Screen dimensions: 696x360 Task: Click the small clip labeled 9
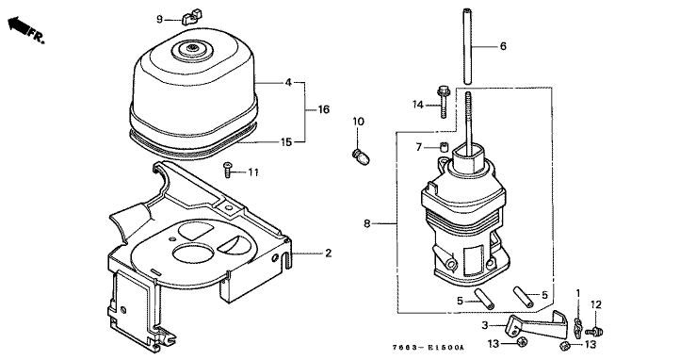[x=191, y=17]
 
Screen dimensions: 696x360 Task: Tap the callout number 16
[x=324, y=109]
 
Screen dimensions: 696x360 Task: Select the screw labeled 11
[x=228, y=170]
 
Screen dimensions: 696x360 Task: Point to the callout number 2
[x=328, y=253]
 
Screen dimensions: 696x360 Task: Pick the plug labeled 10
[x=361, y=156]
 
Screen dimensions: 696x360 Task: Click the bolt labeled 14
[x=444, y=102]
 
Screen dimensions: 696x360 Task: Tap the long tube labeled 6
[x=467, y=45]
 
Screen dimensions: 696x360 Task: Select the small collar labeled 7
[x=443, y=146]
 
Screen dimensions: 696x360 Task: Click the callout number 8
[x=366, y=223]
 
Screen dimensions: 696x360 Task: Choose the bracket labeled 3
[x=538, y=324]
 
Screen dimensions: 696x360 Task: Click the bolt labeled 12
[x=594, y=331]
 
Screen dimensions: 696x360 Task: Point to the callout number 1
[x=578, y=293]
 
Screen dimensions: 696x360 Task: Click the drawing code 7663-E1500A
[x=428, y=347]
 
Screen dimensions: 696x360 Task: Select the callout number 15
[x=286, y=142]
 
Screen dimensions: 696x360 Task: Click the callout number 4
[x=288, y=82]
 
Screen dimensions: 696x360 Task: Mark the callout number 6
[x=503, y=46]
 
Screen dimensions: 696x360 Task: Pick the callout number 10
[x=358, y=122]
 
